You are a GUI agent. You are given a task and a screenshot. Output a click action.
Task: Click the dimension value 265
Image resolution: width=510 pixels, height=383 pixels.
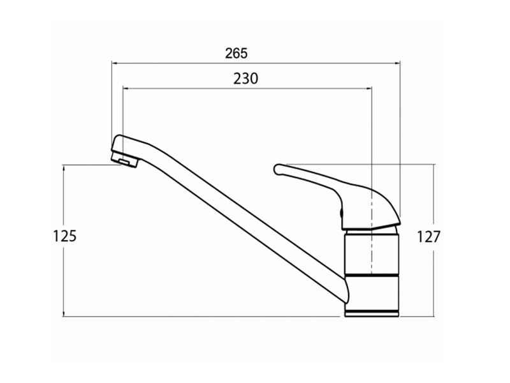coord(237,54)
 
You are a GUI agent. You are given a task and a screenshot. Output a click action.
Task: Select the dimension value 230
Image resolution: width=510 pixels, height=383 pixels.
coord(245,79)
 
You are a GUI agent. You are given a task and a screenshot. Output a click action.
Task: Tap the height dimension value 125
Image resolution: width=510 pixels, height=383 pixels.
coord(65,236)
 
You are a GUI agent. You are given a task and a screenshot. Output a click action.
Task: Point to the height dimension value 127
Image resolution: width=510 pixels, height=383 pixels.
coord(428,237)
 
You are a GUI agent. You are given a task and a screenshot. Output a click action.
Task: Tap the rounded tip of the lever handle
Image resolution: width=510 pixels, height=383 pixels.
coord(277,169)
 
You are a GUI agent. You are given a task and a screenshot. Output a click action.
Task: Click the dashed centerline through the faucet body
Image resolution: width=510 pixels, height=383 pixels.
coord(372,234)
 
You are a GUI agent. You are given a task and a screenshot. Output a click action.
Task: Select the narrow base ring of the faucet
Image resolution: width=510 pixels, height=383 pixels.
coord(372,313)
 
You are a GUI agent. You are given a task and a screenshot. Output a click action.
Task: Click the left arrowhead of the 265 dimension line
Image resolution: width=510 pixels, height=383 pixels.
coord(114,63)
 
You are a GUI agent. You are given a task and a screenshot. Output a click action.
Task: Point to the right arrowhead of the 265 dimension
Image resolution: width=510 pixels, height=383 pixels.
coord(397,63)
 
